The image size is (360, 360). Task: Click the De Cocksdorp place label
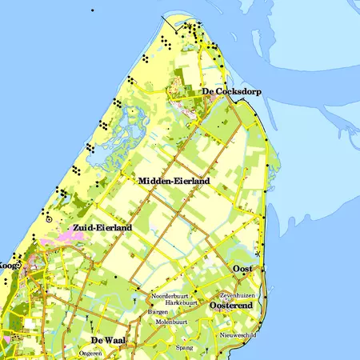click(x=231, y=92)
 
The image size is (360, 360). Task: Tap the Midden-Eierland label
click(x=174, y=182)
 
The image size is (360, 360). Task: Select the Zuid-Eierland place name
click(x=102, y=228)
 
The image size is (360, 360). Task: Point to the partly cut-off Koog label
click(x=9, y=265)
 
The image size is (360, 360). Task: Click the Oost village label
click(x=242, y=268)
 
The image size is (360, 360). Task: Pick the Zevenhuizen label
click(x=236, y=295)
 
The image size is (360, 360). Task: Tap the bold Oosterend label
click(x=231, y=306)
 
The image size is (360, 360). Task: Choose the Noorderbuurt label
click(x=168, y=296)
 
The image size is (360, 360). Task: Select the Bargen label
click(x=169, y=313)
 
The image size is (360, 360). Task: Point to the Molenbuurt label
click(x=171, y=322)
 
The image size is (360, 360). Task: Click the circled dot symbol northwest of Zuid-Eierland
click(x=49, y=218)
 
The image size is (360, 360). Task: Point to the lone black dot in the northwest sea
click(x=92, y=10)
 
